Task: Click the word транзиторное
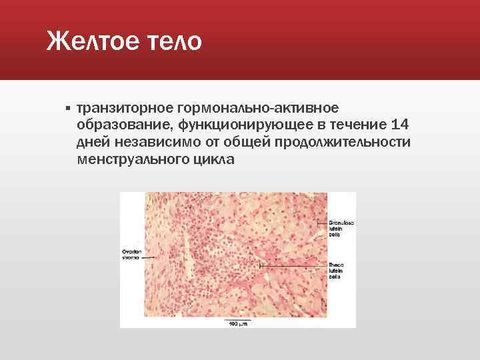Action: point(125,108)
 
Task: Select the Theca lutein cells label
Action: point(337,270)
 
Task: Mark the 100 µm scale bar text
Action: point(238,323)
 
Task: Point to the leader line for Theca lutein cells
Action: point(293,265)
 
